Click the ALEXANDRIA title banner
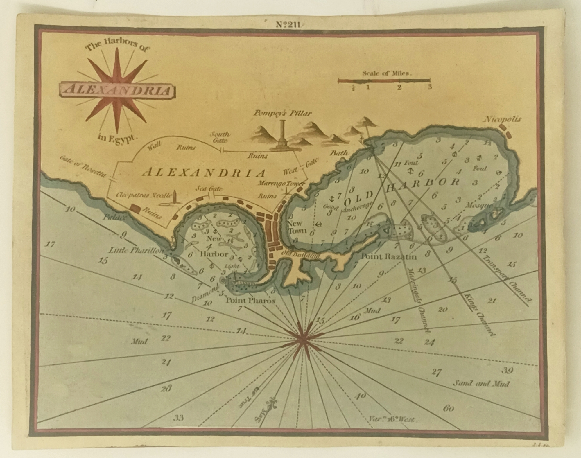tap(117, 91)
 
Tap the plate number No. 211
tap(289, 25)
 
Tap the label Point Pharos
tap(250, 301)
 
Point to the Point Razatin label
tap(389, 256)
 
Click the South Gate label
tap(220, 137)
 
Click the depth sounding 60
tap(449, 409)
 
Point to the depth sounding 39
tap(507, 370)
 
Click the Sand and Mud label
tap(481, 384)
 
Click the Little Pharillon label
tap(136, 250)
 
